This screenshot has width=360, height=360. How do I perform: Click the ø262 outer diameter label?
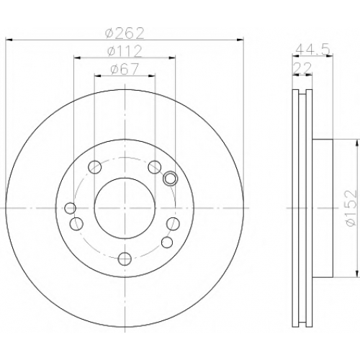125,33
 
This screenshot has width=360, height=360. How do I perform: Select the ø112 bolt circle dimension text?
125,51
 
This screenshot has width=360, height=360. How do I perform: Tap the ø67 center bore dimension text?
125,69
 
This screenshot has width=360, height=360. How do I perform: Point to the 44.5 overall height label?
313,50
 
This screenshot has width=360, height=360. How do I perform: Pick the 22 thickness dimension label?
302,68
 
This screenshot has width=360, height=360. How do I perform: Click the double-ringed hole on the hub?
170,179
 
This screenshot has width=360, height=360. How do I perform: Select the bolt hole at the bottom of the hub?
125,258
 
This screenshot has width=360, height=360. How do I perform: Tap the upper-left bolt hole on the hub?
95,167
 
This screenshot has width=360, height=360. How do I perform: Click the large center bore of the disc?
125,208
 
